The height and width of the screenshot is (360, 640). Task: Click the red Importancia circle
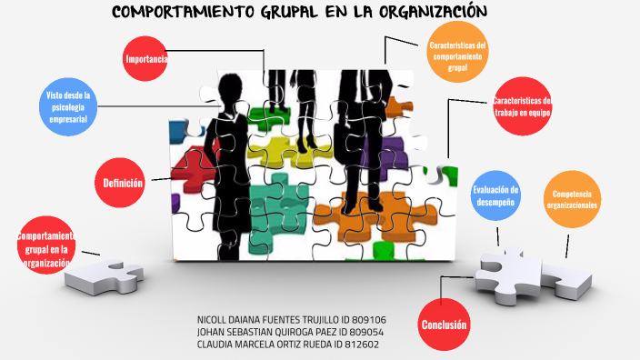click(x=145, y=60)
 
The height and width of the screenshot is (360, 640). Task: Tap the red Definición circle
click(x=123, y=183)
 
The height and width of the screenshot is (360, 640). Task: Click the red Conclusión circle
click(x=444, y=324)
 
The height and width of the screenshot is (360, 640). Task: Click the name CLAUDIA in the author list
click(x=218, y=345)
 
